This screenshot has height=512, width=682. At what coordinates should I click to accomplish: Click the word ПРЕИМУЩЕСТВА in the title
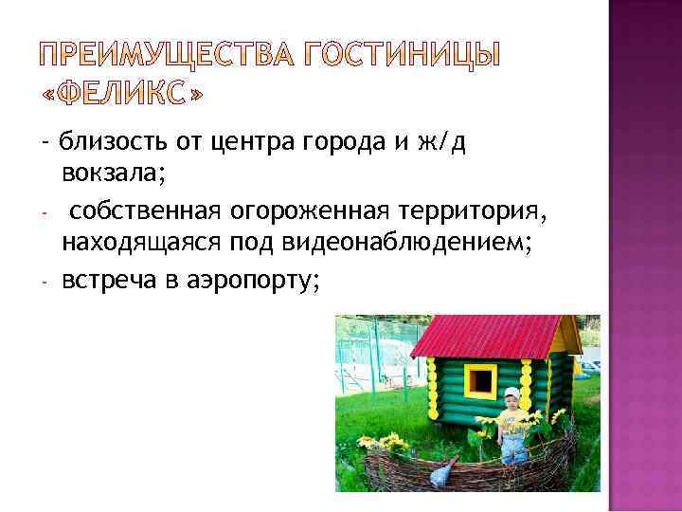(154, 56)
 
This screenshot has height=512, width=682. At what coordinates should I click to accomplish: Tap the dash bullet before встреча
(45, 280)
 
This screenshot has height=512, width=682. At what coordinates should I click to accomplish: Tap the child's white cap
(512, 393)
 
